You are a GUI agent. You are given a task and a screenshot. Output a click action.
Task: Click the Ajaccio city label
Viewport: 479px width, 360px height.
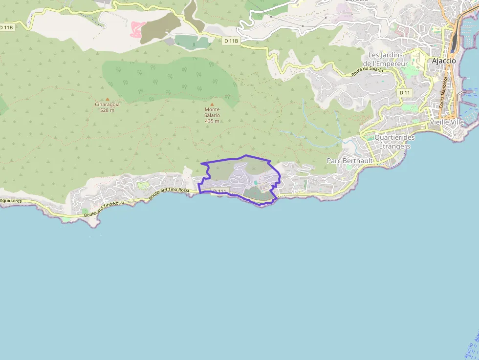point(444,61)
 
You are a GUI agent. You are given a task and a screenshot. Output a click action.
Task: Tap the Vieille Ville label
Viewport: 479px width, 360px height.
point(447,122)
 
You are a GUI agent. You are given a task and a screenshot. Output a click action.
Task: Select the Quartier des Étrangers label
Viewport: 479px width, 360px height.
point(395,142)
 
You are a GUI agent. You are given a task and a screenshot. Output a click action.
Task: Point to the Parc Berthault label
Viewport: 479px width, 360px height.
point(349,161)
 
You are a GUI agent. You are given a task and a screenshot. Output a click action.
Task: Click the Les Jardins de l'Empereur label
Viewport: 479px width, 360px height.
point(388,59)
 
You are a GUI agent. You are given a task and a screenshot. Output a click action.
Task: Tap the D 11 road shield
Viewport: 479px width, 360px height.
point(405,92)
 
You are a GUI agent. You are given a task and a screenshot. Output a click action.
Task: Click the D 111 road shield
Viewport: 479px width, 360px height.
point(220,191)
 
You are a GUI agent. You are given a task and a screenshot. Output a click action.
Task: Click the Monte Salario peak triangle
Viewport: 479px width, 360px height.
point(212,104)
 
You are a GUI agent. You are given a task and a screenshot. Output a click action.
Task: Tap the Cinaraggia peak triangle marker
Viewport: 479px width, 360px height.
point(108,99)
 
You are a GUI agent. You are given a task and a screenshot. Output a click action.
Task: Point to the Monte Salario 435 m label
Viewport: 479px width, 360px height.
point(212,115)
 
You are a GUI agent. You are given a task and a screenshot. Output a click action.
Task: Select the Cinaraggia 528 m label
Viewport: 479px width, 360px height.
point(107,107)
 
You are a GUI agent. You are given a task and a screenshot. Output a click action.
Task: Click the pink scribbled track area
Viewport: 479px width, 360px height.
point(137,29)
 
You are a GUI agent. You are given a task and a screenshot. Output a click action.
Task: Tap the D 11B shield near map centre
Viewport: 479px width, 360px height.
point(231,41)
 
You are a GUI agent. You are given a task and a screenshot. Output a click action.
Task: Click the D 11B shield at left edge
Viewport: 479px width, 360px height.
point(6,28)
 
